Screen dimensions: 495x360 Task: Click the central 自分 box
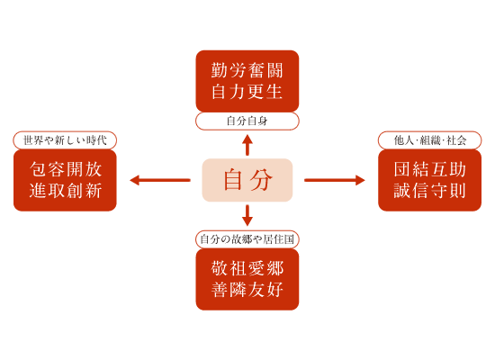tap(247, 180)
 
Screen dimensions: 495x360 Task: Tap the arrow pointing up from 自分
tap(247, 145)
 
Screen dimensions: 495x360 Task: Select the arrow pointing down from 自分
tap(247, 215)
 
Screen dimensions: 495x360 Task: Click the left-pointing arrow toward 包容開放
tap(160, 180)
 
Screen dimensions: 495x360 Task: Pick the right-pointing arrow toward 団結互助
tap(335, 180)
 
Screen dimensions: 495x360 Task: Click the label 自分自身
tap(247, 121)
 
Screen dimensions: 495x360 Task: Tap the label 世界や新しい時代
tap(65, 140)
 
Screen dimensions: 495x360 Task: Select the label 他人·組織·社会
tap(430, 140)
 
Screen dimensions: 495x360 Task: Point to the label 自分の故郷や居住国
tap(247, 239)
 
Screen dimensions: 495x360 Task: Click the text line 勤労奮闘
tap(247, 70)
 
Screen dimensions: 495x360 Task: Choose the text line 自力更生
tap(247, 92)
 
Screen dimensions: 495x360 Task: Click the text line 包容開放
tap(66, 169)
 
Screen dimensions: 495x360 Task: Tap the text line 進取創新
tap(66, 191)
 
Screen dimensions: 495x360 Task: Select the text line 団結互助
tap(430, 169)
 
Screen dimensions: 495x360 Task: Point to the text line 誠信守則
tap(430, 191)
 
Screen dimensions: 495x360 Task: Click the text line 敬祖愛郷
tap(247, 268)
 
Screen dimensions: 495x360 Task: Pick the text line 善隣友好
tap(247, 290)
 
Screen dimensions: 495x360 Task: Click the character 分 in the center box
tap(261, 180)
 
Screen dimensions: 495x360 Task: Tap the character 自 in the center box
tap(233, 180)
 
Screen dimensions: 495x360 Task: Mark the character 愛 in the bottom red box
tap(256, 268)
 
